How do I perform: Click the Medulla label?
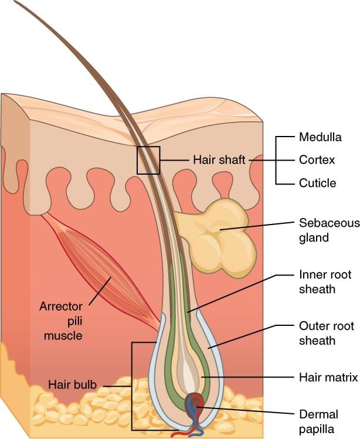pyautogui.click(x=320, y=137)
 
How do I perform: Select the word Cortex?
pyautogui.click(x=317, y=159)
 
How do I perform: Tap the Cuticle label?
pyautogui.click(x=317, y=183)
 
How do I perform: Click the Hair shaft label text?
pyautogui.click(x=218, y=159)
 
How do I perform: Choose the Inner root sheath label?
pyautogui.click(x=316, y=281)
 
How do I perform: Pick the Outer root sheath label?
pyautogui.click(x=317, y=333)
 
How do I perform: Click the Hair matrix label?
pyautogui.click(x=328, y=378)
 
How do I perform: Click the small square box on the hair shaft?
pyautogui.click(x=148, y=160)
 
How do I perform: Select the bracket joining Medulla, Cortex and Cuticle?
pyautogui.click(x=277, y=159)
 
